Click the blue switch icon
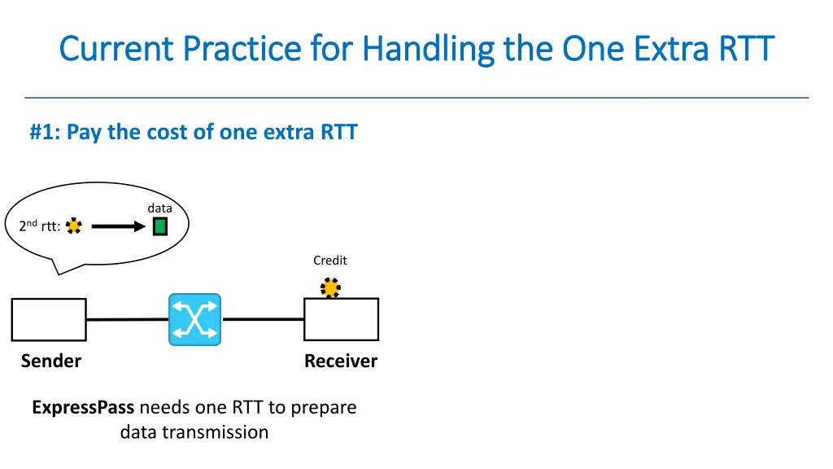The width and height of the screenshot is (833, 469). click(194, 319)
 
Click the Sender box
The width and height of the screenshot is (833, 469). click(49, 319)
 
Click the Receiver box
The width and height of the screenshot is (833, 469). click(341, 319)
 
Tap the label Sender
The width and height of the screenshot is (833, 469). click(51, 361)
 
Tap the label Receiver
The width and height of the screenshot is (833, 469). click(341, 361)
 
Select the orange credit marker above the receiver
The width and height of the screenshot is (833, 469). click(330, 288)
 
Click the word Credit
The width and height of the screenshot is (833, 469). click(330, 261)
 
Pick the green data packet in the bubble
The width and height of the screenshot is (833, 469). click(160, 226)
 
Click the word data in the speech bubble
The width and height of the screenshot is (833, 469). click(159, 208)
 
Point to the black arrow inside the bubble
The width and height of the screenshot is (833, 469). click(117, 227)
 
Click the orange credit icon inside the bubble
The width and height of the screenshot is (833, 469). click(74, 226)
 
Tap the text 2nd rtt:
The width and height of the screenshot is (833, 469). click(39, 227)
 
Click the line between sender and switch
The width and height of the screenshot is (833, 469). click(127, 319)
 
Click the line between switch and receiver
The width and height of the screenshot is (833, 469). click(263, 319)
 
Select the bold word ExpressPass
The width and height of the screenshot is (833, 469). click(83, 407)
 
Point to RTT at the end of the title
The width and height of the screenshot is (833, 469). click(745, 49)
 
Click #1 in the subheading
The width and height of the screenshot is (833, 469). click(45, 132)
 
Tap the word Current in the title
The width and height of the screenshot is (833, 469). click(116, 49)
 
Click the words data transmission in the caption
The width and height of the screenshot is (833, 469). click(194, 432)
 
